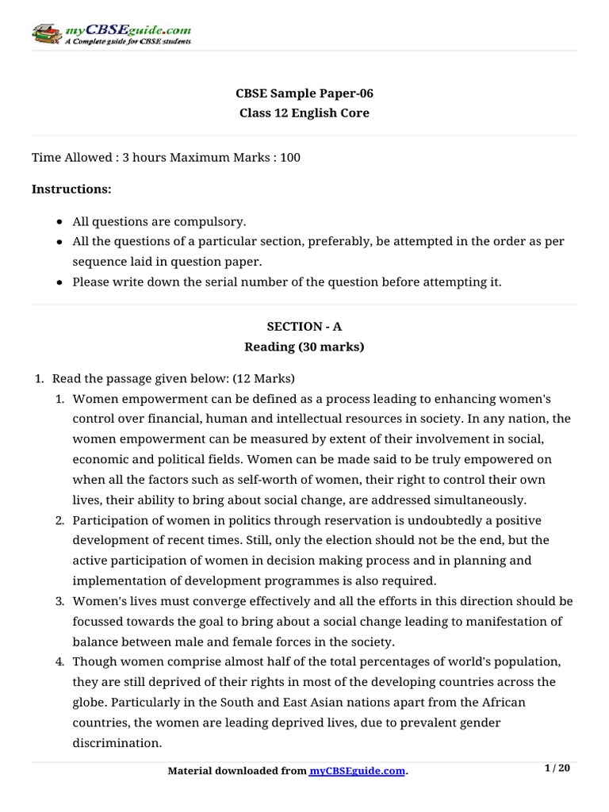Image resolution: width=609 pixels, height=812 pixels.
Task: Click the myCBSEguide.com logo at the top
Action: [111, 33]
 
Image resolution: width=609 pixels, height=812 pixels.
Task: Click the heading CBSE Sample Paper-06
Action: [304, 94]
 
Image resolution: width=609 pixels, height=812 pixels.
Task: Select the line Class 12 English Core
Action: [304, 113]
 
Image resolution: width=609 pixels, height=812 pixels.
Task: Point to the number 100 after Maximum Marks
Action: [290, 157]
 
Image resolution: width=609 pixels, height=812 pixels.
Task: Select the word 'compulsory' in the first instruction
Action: [218, 221]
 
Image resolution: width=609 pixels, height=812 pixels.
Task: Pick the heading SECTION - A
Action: [304, 326]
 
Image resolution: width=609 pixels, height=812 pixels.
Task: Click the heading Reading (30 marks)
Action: [304, 346]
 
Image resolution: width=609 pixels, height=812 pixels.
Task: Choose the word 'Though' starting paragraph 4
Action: [92, 661]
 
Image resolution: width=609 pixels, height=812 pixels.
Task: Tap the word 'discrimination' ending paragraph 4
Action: [117, 743]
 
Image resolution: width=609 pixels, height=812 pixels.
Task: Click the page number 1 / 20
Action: [557, 768]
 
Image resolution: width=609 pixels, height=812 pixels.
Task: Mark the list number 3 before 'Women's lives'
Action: [59, 601]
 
